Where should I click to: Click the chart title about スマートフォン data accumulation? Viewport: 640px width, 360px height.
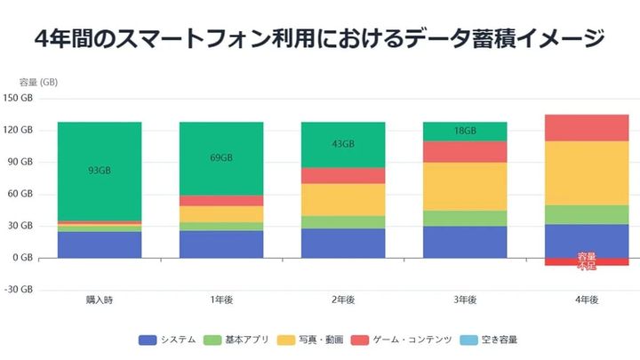tap(319, 39)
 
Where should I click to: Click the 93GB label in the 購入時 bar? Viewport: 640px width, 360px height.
tap(99, 170)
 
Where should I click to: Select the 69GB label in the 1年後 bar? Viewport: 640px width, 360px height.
tap(220, 157)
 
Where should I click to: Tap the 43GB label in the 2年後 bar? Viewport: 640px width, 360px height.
tap(342, 144)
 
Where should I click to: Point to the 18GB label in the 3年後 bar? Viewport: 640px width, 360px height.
tap(464, 131)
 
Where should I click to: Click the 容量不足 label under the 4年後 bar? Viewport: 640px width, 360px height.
tap(586, 261)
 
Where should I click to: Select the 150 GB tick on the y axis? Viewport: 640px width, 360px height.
tap(19, 98)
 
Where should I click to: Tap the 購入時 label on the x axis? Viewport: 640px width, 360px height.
tap(99, 300)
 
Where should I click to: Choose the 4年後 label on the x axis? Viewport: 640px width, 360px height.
tap(586, 300)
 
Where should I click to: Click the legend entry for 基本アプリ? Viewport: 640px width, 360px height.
tap(240, 340)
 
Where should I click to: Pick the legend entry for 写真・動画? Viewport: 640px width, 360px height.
tap(311, 340)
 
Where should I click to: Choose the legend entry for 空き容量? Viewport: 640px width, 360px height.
tap(489, 340)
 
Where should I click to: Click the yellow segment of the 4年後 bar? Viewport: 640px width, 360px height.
tap(586, 172)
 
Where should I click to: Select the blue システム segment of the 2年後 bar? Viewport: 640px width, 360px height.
tap(342, 243)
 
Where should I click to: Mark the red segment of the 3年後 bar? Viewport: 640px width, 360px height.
tap(464, 152)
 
